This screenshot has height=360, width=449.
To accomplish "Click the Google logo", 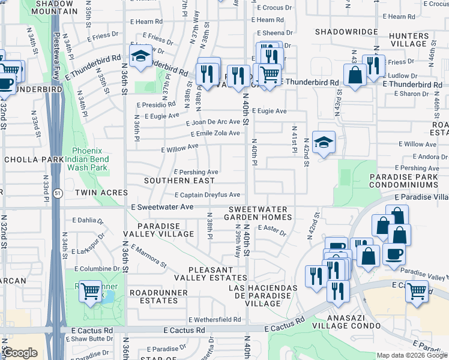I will [x=20, y=353].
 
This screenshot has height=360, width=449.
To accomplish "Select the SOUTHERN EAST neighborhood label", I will [x=179, y=181].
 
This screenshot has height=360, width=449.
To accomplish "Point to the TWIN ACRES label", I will [x=101, y=193].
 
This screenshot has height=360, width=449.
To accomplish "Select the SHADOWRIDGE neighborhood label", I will [x=346, y=32].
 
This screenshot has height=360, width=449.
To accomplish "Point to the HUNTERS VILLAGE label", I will [x=408, y=40].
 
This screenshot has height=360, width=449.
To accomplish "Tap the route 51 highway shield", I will [x=56, y=194].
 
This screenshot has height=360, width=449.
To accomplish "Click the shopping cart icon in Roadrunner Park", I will [x=91, y=292].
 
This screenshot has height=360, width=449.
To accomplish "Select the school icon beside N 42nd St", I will [x=324, y=143].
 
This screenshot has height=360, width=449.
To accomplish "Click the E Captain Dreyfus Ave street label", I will [x=207, y=195].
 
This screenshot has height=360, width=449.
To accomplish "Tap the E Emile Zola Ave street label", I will [x=215, y=134].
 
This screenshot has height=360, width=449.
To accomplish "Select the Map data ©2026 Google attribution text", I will [x=412, y=355].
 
